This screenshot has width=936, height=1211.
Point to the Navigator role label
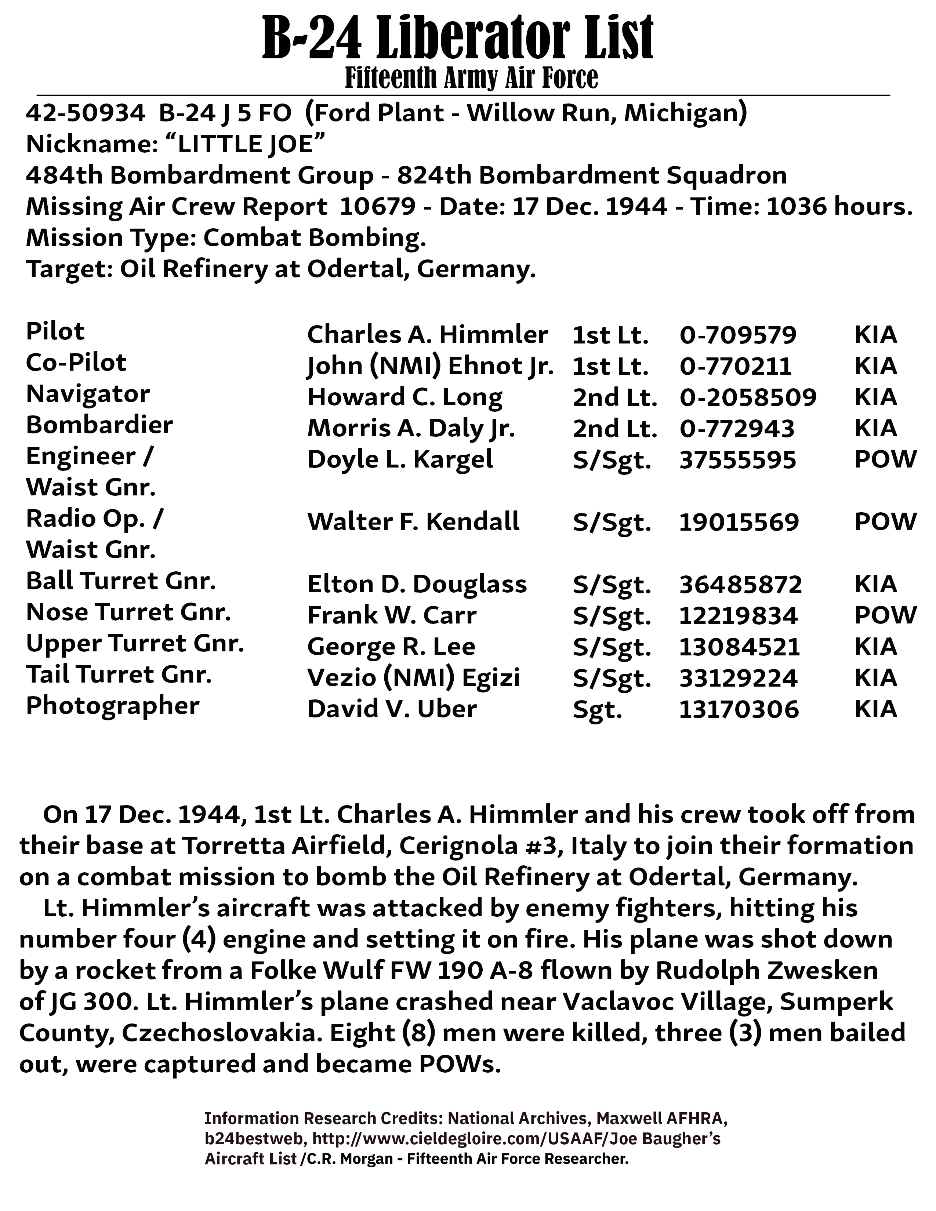[88, 394]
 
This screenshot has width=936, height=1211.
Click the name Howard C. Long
[405, 397]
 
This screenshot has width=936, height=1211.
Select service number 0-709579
[738, 335]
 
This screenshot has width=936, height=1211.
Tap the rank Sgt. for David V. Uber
[597, 710]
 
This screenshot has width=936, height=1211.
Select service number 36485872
[741, 585]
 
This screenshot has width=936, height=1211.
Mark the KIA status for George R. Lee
[875, 647]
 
